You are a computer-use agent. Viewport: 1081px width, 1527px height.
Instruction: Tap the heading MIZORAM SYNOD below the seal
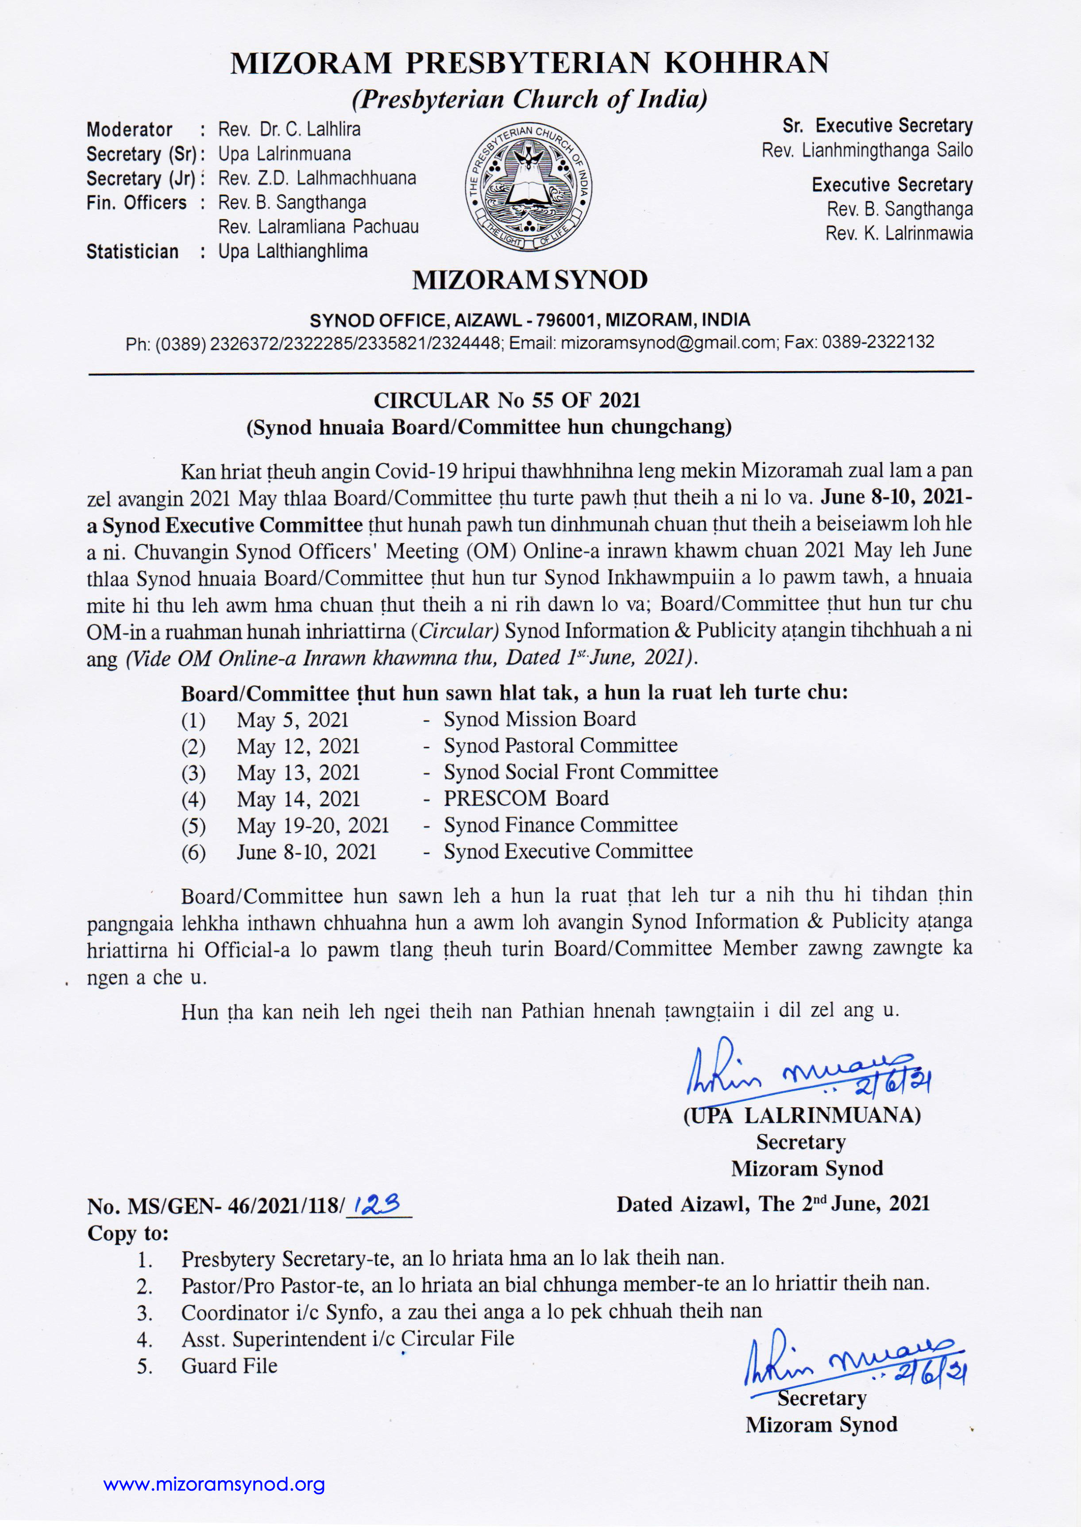click(529, 281)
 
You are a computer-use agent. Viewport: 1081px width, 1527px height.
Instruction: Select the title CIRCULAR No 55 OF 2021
click(507, 400)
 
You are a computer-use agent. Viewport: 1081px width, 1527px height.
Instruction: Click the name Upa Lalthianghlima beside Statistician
click(293, 252)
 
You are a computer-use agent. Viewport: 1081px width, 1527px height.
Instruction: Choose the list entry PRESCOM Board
click(526, 798)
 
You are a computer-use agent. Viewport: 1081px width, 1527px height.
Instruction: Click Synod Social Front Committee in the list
click(580, 772)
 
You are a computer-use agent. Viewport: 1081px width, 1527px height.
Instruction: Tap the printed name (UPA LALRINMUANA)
click(801, 1115)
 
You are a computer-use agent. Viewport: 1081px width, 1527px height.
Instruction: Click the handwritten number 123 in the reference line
click(378, 1204)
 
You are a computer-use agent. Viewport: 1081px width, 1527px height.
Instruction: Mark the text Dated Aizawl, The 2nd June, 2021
click(772, 1204)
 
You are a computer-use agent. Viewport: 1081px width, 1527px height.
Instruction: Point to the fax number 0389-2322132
click(877, 343)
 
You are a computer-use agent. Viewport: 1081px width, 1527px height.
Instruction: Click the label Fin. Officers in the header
click(136, 203)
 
